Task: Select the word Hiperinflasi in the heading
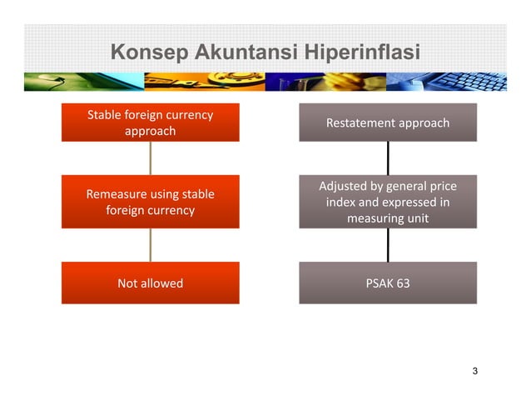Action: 354,53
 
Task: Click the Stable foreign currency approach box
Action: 150,123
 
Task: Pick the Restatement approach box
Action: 388,123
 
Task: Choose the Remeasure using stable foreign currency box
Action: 150,202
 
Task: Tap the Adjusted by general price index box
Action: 388,202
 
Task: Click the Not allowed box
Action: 150,283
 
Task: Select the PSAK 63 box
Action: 388,283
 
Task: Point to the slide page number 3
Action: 474,371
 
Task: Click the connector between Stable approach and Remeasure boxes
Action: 151,158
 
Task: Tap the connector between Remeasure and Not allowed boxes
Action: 151,245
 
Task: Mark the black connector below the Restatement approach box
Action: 388,158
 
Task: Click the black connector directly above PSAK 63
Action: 388,245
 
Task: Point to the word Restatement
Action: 361,123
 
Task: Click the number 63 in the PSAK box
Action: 403,283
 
